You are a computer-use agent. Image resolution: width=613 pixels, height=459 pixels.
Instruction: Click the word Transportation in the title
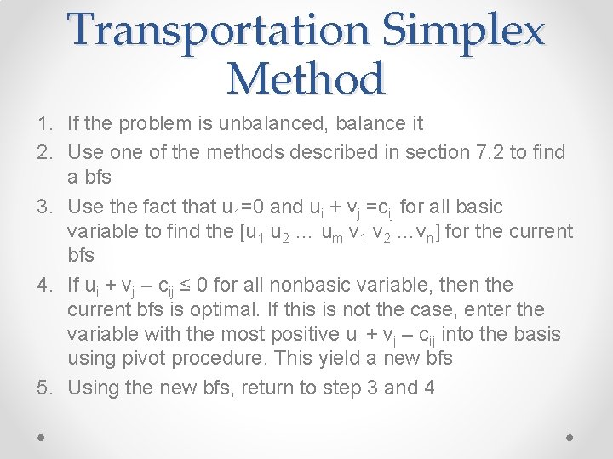pos(220,31)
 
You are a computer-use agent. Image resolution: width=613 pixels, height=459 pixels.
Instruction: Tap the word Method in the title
pos(306,79)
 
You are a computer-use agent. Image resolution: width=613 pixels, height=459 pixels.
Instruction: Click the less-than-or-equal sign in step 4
pos(193,285)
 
